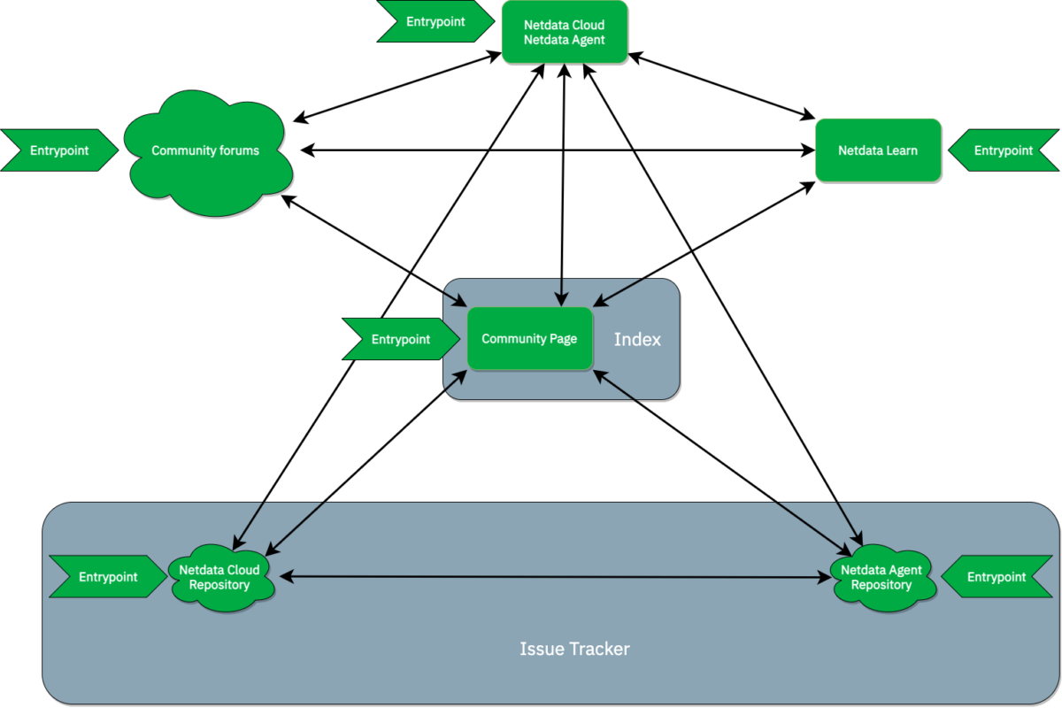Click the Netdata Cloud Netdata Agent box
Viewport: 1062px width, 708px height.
click(565, 32)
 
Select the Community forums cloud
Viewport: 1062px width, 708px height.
click(205, 151)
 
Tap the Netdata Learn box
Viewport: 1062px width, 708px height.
click(877, 150)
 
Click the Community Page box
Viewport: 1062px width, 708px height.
click(529, 338)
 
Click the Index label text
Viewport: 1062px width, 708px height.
click(637, 339)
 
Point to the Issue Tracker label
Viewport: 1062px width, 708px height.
click(574, 649)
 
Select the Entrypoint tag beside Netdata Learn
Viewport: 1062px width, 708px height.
click(1004, 150)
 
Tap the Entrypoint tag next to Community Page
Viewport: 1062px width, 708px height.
click(401, 339)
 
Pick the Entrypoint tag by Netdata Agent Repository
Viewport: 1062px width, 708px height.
click(997, 577)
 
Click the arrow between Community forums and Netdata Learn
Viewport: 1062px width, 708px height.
click(558, 151)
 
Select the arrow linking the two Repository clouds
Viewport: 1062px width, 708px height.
click(553, 577)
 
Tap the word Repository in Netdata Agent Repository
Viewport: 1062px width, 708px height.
click(881, 585)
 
